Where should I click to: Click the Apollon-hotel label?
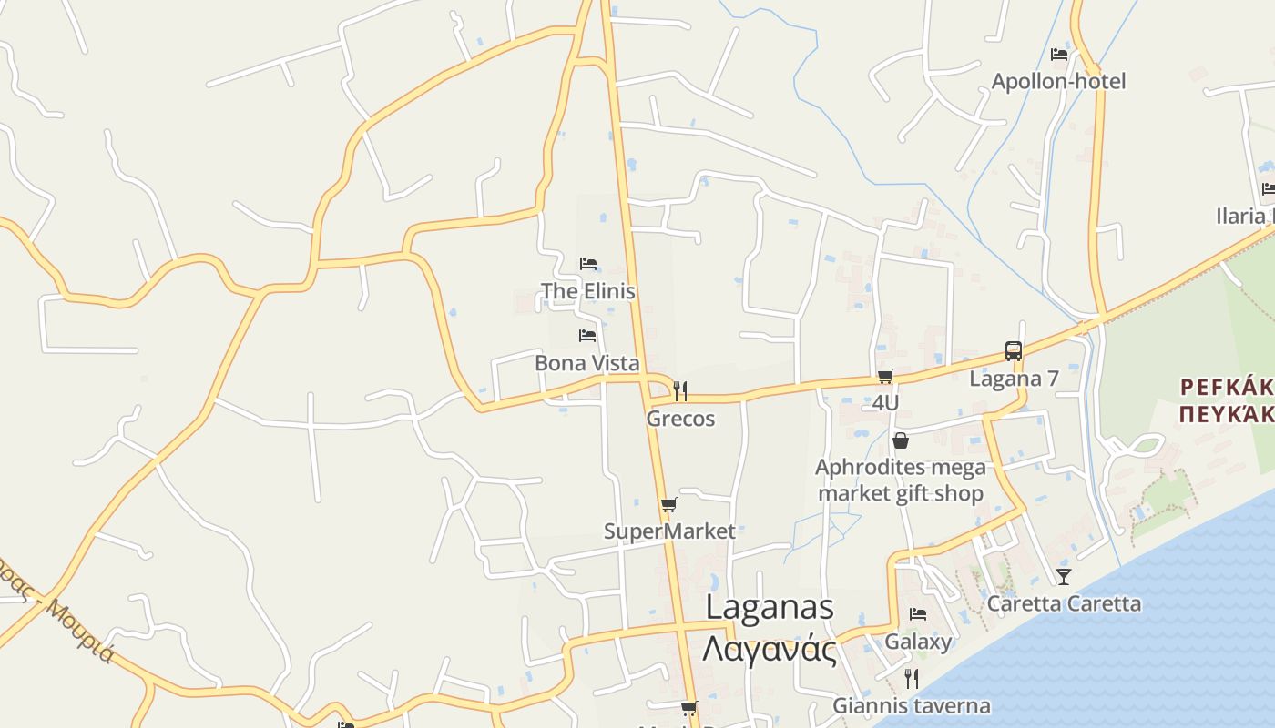point(1058,82)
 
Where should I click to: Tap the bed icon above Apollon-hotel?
point(1058,55)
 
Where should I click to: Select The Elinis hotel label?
point(587,291)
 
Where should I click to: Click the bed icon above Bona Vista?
point(587,336)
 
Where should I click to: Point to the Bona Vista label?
point(586,363)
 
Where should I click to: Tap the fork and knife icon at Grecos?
point(680,391)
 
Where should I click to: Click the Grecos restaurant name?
point(680,419)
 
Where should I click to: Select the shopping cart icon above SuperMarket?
point(669,504)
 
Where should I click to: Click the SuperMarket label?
point(669,531)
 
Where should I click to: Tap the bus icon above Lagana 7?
point(1013,351)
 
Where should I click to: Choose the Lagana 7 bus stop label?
point(1014,379)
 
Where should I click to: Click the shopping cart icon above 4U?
point(885,376)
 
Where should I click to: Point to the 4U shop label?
point(885,402)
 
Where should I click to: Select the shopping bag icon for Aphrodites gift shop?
point(901,441)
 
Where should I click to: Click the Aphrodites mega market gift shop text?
point(901,480)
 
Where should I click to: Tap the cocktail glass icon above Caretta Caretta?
point(1063,576)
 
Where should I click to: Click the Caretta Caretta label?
point(1064,603)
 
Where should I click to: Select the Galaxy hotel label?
point(918,642)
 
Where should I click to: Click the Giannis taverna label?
point(911,705)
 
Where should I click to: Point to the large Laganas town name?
point(770,608)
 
